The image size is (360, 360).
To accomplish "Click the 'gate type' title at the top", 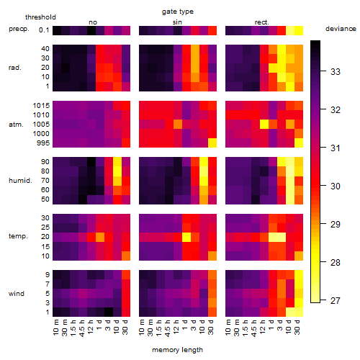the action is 178,12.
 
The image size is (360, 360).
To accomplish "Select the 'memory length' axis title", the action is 177,350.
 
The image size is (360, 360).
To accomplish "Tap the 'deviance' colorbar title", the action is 341,29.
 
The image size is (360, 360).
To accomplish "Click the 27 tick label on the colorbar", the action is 336,300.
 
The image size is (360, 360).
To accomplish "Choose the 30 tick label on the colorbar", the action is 336,186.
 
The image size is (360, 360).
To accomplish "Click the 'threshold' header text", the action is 40,17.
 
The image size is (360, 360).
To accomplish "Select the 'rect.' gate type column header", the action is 261,22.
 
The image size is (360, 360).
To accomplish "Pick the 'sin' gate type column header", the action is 177,22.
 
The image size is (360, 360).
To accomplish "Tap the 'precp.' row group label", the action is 19,29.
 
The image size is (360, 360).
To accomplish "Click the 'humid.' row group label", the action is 20,181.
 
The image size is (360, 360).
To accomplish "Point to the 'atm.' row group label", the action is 16,125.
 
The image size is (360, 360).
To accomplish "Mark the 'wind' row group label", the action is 17,294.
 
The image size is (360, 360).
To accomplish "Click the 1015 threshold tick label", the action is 41,106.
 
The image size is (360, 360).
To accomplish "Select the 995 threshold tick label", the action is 43,143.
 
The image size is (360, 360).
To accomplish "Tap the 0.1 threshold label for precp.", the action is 44,30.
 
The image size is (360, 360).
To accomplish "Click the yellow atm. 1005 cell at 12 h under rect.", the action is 264,124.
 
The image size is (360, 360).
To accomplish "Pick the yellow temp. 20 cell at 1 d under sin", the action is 186,237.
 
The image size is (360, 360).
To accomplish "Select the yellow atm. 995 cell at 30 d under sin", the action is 212,143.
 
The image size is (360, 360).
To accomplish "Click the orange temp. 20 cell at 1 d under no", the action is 100,237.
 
